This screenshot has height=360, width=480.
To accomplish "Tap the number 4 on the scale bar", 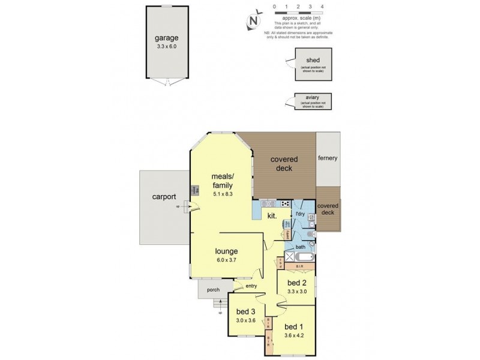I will [x=322, y=7].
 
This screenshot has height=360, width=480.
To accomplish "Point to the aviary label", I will [x=310, y=99].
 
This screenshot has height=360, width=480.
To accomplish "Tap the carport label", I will [x=163, y=196].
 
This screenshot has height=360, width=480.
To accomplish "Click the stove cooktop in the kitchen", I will [x=285, y=204].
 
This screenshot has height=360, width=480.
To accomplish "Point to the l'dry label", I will [x=299, y=214].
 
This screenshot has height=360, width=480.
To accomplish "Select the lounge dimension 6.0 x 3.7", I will [x=227, y=261].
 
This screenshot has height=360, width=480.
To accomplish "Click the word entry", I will [x=251, y=286].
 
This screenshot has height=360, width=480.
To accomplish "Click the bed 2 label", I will [x=297, y=283].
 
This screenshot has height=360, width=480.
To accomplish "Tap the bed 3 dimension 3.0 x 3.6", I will [x=247, y=321].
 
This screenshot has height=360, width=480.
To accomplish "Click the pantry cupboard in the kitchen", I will [x=289, y=235].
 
